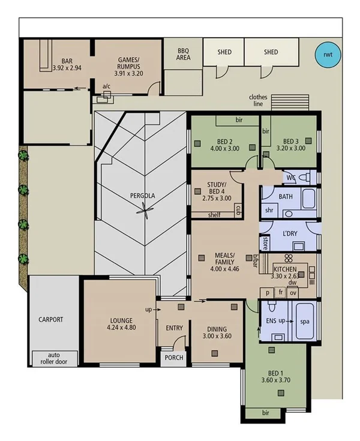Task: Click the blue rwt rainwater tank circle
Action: [x=328, y=55]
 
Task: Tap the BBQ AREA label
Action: [x=184, y=55]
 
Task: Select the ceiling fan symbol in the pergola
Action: [x=144, y=209]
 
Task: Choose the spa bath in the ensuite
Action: [x=305, y=322]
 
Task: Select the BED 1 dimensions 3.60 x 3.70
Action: [x=276, y=380]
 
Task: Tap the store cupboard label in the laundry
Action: [x=265, y=243]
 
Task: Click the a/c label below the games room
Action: [x=106, y=86]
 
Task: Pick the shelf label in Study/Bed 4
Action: [x=214, y=215]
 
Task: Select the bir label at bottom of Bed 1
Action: [x=266, y=414]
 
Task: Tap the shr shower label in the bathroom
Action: [x=270, y=210]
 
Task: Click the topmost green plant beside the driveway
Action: [x=23, y=157]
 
